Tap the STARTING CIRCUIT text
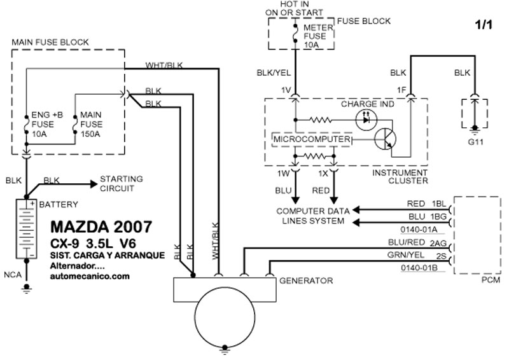[122, 183]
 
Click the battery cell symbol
[26, 230]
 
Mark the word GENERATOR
[307, 280]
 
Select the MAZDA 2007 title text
[101, 227]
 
